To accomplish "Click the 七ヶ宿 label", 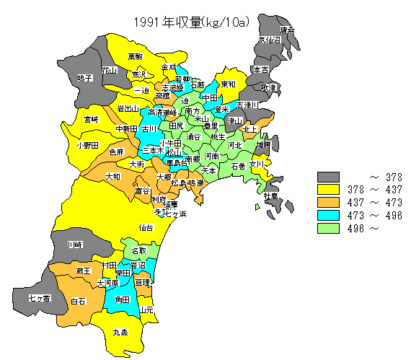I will [39, 297].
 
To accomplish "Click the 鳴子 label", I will [84, 78].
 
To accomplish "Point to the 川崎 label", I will [74, 245].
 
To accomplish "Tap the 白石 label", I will [78, 301].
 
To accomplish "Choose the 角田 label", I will [122, 299].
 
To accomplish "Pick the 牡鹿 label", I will [270, 196].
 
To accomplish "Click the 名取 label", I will [138, 250].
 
